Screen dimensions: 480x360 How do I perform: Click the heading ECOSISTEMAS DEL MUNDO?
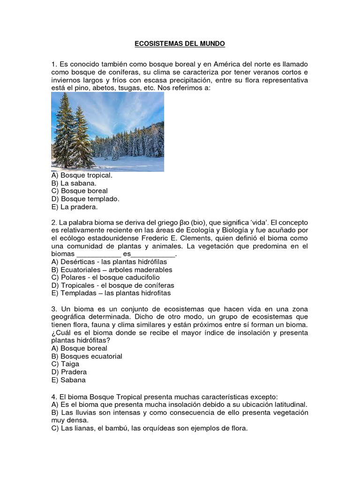pos(180,44)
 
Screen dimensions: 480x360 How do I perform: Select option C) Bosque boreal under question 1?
pos(80,191)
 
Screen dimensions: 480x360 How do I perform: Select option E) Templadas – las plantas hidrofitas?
pos(111,293)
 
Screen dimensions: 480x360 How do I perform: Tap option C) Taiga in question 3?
pos(65,364)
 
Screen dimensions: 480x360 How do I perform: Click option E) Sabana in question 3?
pos(68,380)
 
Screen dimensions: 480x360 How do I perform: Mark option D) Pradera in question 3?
pos(69,372)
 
